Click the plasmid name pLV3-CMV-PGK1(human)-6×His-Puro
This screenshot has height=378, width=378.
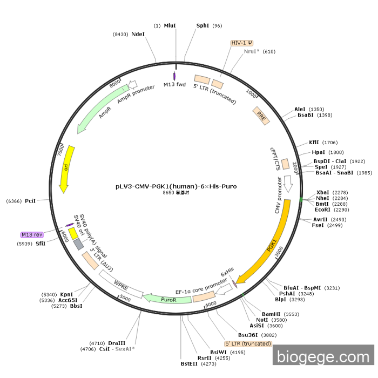[x=175, y=186]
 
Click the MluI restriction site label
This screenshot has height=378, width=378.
[x=170, y=25]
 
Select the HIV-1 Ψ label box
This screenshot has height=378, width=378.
[x=242, y=43]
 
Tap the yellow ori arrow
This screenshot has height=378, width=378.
[x=65, y=168]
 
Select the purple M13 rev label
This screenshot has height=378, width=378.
[x=31, y=235]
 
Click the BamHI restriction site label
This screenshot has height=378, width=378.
[x=272, y=314]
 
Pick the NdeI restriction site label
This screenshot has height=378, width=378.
[x=138, y=34]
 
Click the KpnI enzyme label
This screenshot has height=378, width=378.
[x=67, y=294]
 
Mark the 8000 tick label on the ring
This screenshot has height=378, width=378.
[x=115, y=84]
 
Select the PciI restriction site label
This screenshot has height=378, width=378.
[x=30, y=201]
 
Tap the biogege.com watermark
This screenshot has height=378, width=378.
[x=322, y=357]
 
